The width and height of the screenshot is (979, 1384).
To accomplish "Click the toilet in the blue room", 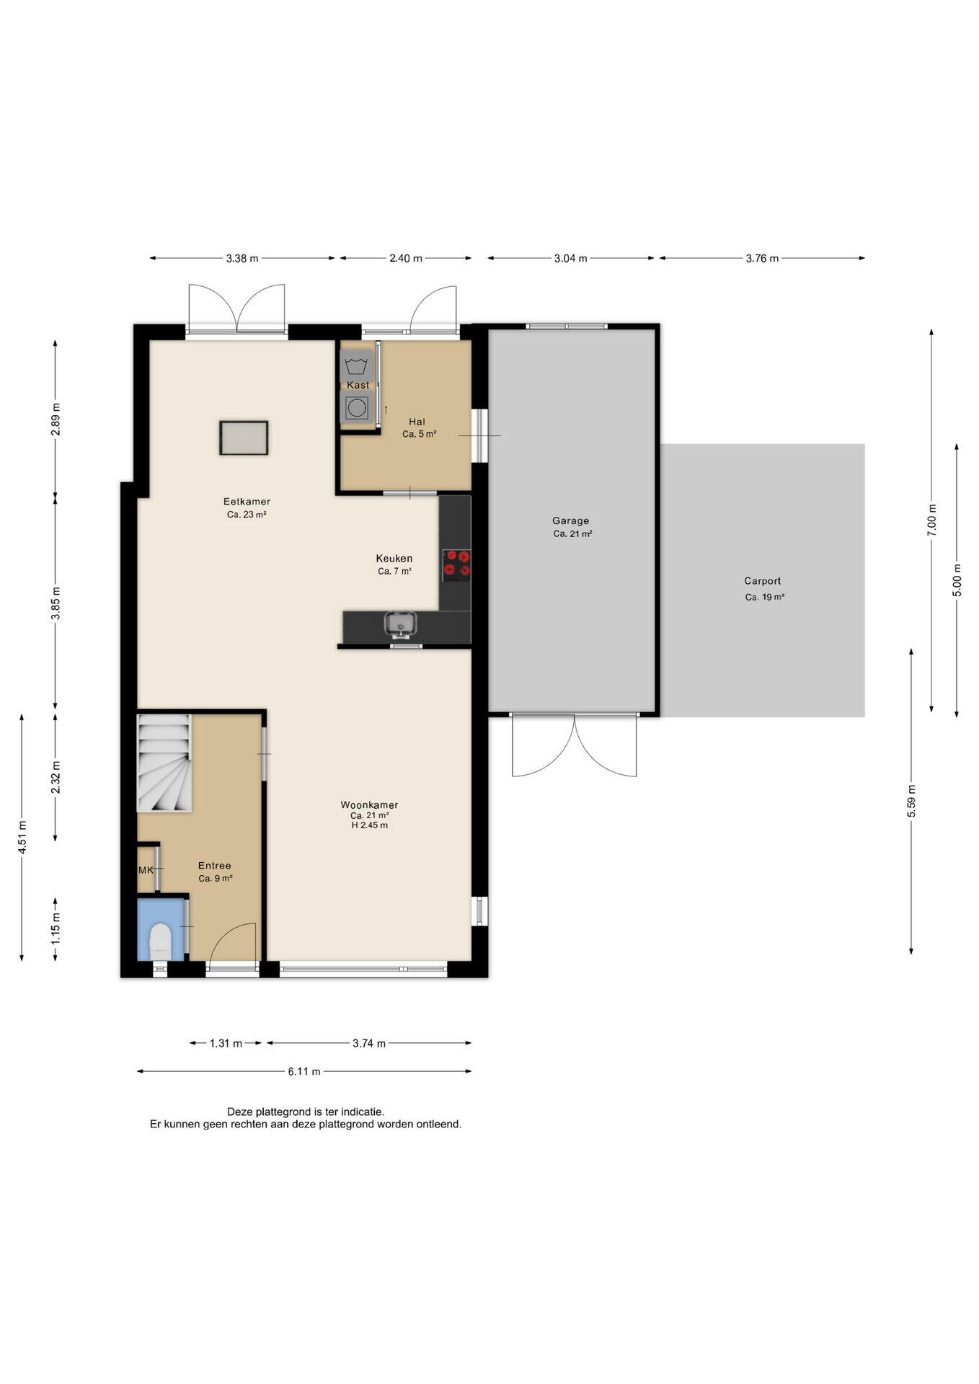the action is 160,942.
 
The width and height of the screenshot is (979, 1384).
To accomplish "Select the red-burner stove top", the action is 456,565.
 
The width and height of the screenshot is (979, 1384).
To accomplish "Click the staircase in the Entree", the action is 164,763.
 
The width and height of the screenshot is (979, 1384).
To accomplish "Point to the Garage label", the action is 570,520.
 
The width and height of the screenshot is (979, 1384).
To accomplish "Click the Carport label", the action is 763,581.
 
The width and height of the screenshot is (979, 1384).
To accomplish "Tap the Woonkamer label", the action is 369,804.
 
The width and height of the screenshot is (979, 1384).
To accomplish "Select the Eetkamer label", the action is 247,502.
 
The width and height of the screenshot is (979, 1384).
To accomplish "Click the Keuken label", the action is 394,558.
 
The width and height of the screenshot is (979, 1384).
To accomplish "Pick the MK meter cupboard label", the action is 146,870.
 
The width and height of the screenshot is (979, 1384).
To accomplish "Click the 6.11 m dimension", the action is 304,1071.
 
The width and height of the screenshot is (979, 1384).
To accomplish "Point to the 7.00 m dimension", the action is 931,520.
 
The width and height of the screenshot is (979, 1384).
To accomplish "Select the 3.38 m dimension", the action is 242,258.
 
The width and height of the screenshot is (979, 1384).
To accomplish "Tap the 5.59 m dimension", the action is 911,800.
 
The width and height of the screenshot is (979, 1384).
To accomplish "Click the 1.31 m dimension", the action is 226,1043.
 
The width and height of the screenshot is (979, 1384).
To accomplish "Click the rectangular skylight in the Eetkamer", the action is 244,438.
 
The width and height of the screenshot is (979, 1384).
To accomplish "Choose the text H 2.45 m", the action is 369,825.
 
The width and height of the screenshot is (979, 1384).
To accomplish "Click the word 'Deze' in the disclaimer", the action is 239,1112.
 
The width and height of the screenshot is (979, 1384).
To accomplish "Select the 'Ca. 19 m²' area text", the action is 764,597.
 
